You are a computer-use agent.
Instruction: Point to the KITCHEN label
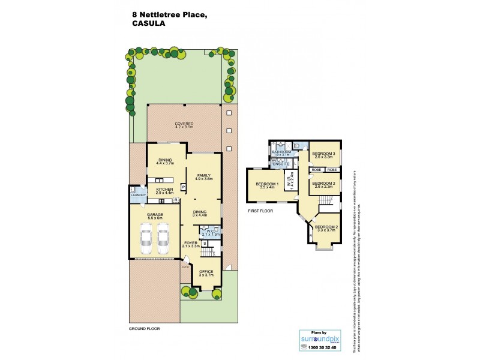164,189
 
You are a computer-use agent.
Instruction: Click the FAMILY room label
203,175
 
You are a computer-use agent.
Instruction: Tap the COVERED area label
184,123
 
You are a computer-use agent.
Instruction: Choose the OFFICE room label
206,270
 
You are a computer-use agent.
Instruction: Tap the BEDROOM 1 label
266,184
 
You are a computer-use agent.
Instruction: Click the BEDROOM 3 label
324,154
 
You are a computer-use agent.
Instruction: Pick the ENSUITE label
280,163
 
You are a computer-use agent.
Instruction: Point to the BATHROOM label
281,152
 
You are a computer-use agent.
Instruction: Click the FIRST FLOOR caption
260,211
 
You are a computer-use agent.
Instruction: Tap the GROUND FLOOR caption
145,329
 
